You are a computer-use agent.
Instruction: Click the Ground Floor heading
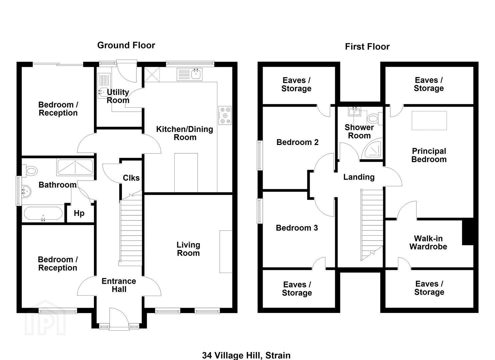(x=126, y=45)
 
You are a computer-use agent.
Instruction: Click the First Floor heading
(x=367, y=47)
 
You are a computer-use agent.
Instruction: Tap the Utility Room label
(x=118, y=96)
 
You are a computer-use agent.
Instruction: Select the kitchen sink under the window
(x=196, y=74)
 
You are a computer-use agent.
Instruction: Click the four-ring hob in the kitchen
(x=225, y=115)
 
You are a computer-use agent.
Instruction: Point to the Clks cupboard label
(x=131, y=178)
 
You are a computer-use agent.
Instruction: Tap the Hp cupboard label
(x=79, y=213)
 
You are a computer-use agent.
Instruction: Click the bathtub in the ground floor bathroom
(x=42, y=214)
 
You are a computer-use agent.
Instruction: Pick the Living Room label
(x=188, y=249)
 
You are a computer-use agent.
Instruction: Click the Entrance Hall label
(x=119, y=285)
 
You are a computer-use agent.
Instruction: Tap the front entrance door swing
(x=118, y=317)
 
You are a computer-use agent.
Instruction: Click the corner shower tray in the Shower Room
(x=373, y=149)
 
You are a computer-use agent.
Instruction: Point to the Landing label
(x=359, y=177)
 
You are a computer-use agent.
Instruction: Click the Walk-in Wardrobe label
(x=428, y=242)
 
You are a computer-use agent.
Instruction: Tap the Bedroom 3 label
(x=297, y=228)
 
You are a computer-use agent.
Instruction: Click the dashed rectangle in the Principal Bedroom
(x=429, y=121)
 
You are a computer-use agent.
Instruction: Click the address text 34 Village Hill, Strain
(x=246, y=355)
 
